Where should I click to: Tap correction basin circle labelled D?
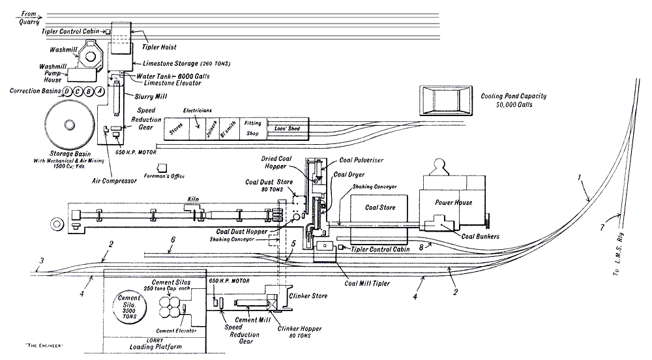click(x=67, y=92)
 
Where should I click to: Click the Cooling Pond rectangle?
click(x=446, y=100)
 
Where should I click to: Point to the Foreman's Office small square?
click(x=162, y=168)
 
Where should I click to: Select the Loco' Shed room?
click(x=286, y=128)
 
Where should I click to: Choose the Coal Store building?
click(x=379, y=207)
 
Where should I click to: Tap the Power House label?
click(x=453, y=202)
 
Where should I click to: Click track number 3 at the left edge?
click(x=41, y=262)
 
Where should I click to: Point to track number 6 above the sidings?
click(x=173, y=240)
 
